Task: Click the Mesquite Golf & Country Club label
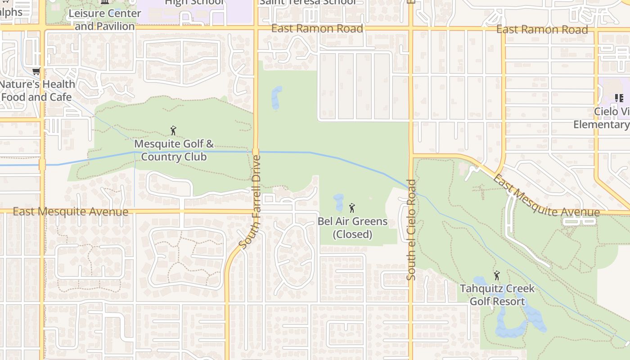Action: [x=174, y=151]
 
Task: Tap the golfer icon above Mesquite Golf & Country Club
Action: [x=173, y=131]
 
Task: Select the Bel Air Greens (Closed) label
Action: [x=352, y=228]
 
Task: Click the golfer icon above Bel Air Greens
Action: [x=352, y=208]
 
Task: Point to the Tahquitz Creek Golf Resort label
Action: [x=497, y=295]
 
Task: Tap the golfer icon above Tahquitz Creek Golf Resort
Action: [x=497, y=275]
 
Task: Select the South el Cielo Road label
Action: [x=411, y=229]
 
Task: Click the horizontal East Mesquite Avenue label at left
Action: [x=71, y=211]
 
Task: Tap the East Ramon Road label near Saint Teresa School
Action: [x=317, y=29]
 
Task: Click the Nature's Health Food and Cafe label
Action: [x=37, y=90]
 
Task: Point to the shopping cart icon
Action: [x=36, y=71]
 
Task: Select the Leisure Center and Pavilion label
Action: [x=104, y=20]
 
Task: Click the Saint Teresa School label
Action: [x=307, y=2]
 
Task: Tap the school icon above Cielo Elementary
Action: [x=619, y=98]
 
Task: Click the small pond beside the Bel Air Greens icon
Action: [x=338, y=202]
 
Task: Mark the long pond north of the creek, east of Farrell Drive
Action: [x=276, y=98]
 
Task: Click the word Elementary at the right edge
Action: [x=601, y=125]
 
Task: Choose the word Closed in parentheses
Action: [x=352, y=234]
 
